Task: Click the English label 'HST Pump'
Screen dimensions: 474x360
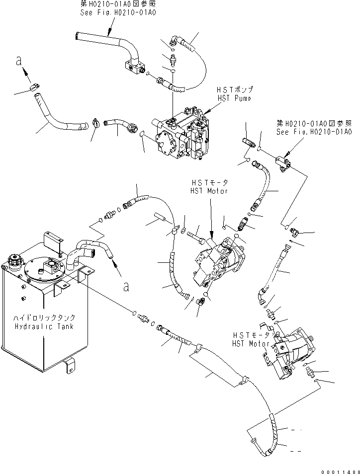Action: pyautogui.click(x=234, y=98)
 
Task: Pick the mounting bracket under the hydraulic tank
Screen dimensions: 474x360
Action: pyautogui.click(x=70, y=367)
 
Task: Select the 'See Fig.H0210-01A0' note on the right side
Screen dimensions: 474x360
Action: pyautogui.click(x=314, y=132)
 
